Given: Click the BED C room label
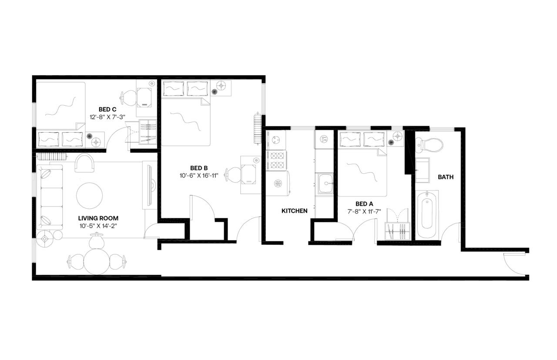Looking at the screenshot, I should [107, 110].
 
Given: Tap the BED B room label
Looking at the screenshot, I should [198, 168].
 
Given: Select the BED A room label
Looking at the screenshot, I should [364, 203].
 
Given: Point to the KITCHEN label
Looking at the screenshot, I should [295, 211].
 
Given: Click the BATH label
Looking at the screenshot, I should [446, 177].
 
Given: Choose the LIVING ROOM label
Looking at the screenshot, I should [98, 218].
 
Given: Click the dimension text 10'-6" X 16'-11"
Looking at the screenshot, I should [198, 176].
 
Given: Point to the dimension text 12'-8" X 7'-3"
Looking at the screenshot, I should [107, 117].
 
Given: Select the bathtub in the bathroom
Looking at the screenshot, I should [426, 214].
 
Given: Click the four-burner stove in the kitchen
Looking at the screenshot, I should [277, 160].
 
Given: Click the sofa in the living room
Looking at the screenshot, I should [50, 197].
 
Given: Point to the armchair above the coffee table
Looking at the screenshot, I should [85, 163].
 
